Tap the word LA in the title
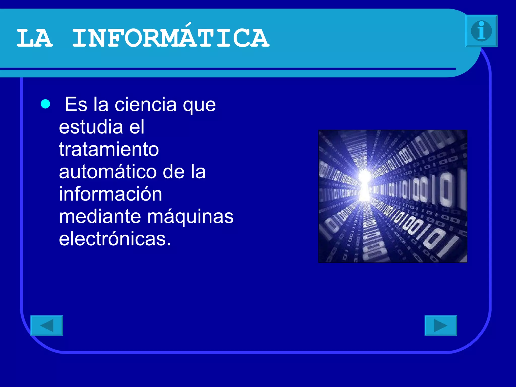pyautogui.click(x=35, y=38)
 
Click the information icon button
pyautogui.click(x=481, y=31)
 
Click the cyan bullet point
pyautogui.click(x=45, y=104)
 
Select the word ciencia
pyautogui.click(x=146, y=104)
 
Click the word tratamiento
pyautogui.click(x=109, y=149)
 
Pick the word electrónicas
pyautogui.click(x=113, y=239)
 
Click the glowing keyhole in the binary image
pyautogui.click(x=364, y=185)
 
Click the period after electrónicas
pyautogui.click(x=169, y=244)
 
